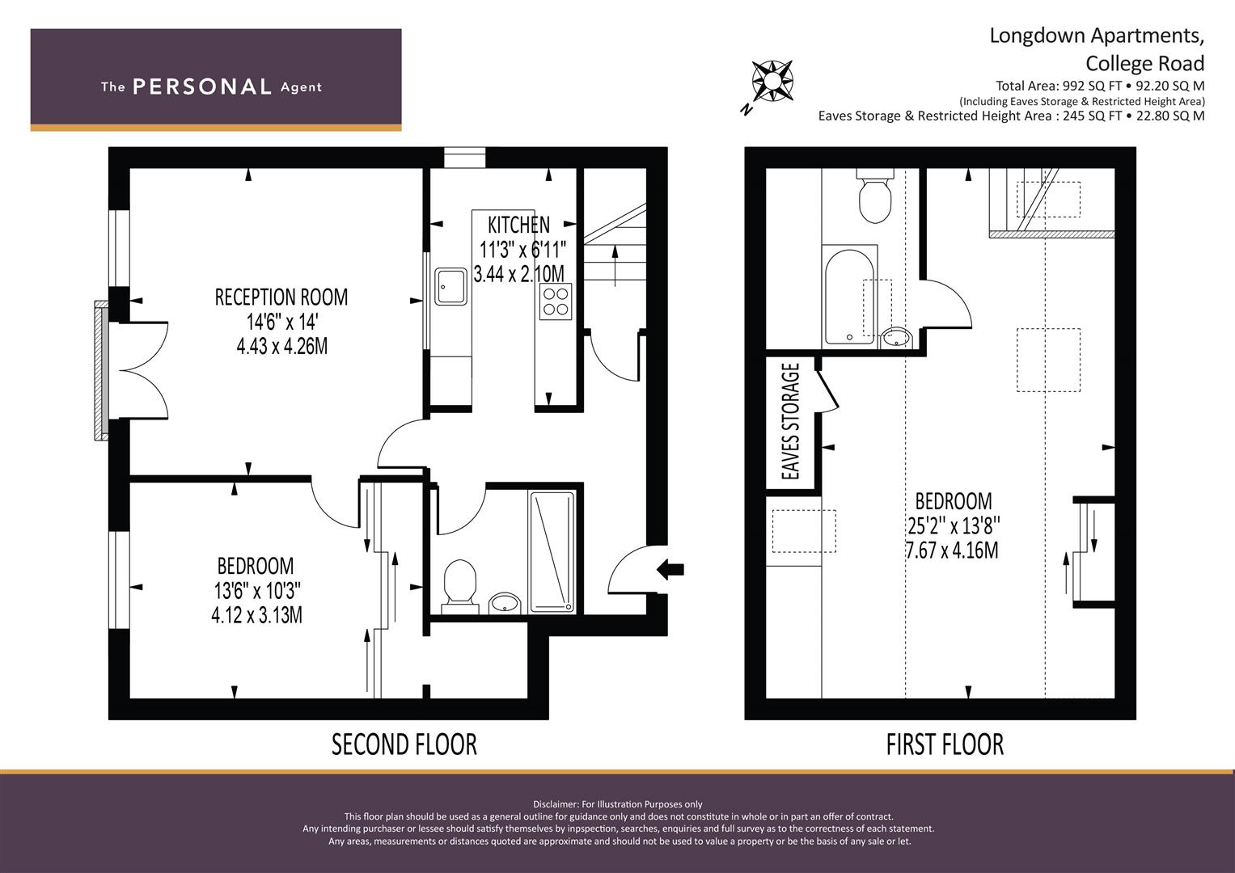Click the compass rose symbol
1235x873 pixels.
772,82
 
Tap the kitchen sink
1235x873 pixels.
450,286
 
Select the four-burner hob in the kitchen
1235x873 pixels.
555,302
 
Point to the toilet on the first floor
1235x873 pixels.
875,196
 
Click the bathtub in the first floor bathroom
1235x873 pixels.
849,297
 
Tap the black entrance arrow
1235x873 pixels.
670,569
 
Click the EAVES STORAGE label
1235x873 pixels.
791,421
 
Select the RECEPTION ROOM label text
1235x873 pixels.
281,297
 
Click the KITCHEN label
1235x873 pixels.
518,225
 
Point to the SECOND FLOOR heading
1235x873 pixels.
404,744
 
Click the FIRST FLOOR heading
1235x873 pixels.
945,744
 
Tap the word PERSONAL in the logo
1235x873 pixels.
202,86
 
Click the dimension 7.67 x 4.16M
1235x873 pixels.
952,550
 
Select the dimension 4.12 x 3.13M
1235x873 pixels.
257,615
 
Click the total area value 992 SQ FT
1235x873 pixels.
1093,86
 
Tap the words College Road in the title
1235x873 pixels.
1144,63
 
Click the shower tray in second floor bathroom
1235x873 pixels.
552,552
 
